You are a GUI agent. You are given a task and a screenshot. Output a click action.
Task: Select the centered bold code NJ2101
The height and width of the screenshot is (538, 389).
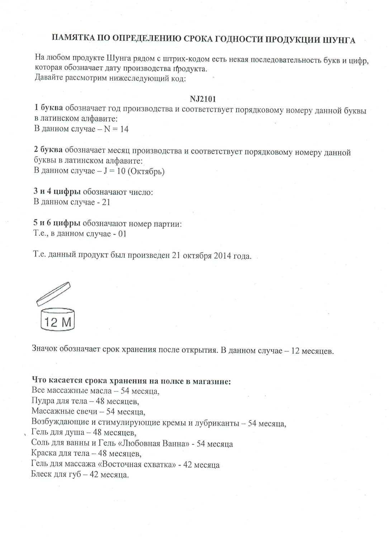coord(203,99)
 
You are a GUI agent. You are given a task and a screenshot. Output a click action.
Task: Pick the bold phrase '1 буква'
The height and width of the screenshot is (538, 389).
coord(48,108)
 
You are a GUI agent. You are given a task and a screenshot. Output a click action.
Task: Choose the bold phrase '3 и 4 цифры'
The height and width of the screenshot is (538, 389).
coord(57,192)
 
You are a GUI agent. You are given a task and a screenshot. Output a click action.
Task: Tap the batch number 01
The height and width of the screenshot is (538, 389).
coord(122,234)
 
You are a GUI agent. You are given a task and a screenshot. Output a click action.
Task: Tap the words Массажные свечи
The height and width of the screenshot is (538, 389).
coord(64,411)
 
